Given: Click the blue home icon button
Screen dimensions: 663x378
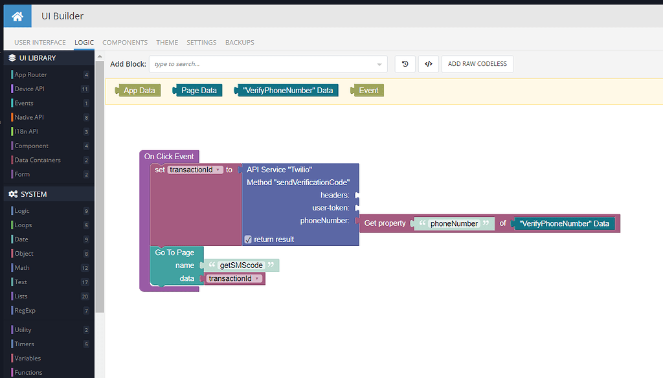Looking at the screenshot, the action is [17, 16].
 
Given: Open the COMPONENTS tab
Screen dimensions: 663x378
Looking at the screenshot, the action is [125, 42].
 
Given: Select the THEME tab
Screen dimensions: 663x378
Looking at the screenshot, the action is [167, 42].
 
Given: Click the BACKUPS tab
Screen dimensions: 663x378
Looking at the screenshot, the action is [240, 42].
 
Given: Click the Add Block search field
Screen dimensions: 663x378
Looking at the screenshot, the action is [268, 64].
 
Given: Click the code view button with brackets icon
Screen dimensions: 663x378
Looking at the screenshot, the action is [429, 64].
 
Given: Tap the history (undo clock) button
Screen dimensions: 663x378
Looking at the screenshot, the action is [405, 64].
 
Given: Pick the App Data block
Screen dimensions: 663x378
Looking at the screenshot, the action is [138, 91].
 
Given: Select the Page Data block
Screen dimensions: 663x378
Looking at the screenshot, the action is [197, 91].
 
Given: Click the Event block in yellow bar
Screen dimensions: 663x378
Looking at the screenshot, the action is [367, 91].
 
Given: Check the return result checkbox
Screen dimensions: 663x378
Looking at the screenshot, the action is [248, 239].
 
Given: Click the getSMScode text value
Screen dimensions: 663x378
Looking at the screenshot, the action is [241, 265].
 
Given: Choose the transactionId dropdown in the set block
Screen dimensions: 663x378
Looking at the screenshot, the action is [196, 170].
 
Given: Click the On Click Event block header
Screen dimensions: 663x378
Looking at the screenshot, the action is [169, 157].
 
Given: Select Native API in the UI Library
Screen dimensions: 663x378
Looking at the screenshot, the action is [29, 117].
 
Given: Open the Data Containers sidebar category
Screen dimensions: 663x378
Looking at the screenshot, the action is [38, 160].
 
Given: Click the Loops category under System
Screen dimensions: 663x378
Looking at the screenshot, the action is [23, 225].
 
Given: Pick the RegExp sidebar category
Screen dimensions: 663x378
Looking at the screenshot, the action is [25, 310].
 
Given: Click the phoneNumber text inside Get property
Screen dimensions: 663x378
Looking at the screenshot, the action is [454, 224].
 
